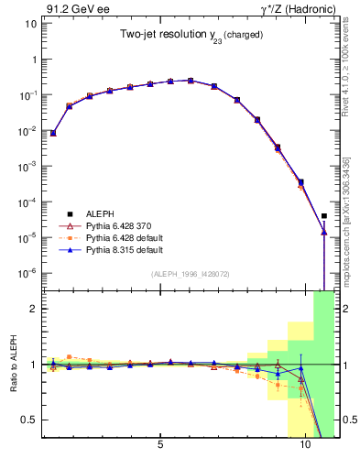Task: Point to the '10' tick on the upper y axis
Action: click(29, 23)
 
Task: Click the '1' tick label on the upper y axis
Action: click(32, 59)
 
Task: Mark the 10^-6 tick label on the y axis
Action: click(27, 272)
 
